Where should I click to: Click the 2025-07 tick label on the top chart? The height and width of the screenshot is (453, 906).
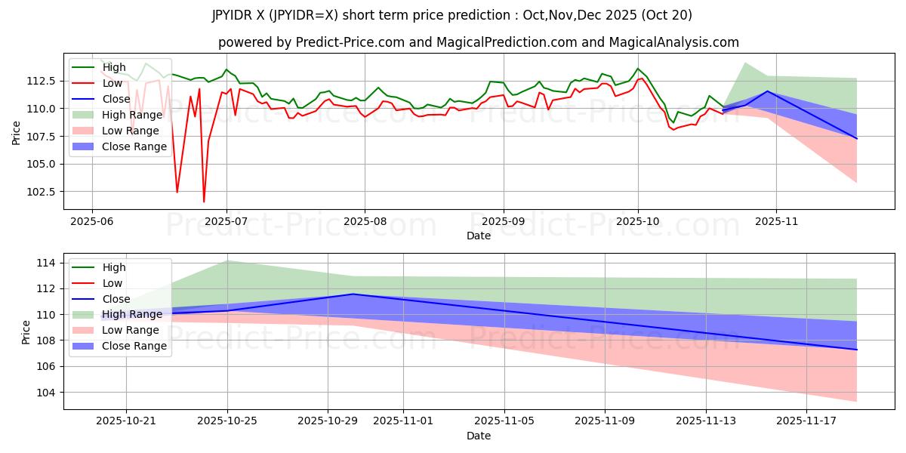(226, 220)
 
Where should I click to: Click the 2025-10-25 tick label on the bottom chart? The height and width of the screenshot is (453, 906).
(227, 421)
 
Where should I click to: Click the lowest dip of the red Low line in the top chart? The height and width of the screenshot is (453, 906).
(204, 202)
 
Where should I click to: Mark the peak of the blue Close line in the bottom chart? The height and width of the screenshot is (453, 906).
(353, 294)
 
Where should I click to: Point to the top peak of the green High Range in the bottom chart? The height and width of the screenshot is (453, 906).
(227, 260)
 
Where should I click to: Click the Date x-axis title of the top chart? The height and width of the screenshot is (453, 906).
(479, 236)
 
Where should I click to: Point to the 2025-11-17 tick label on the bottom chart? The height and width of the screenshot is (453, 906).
(806, 421)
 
